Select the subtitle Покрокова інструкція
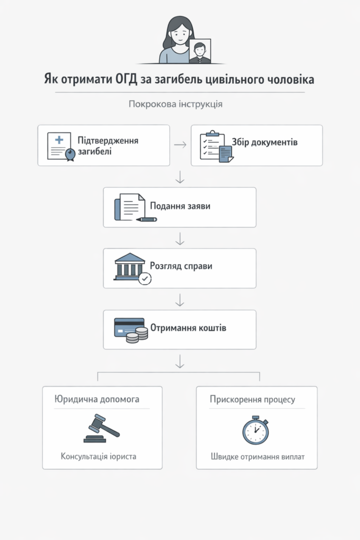[176, 104]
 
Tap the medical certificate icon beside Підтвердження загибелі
[61, 146]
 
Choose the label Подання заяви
[180, 206]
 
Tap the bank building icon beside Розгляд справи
[130, 266]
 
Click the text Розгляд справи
[181, 266]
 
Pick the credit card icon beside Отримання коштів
[128, 327]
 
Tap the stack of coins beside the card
[138, 335]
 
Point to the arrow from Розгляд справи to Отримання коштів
[180, 300]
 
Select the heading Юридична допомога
[97, 399]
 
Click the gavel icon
[102, 428]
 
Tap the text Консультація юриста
[99, 456]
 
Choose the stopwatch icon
[256, 430]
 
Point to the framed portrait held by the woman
[199, 51]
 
